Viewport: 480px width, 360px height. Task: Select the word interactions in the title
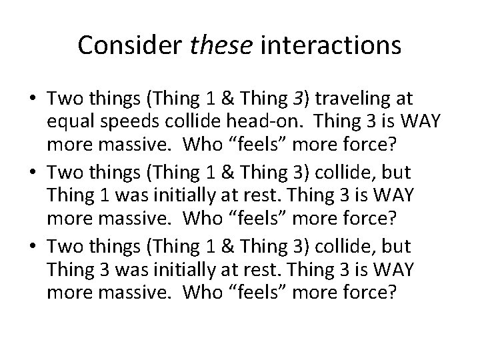coord(331,45)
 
